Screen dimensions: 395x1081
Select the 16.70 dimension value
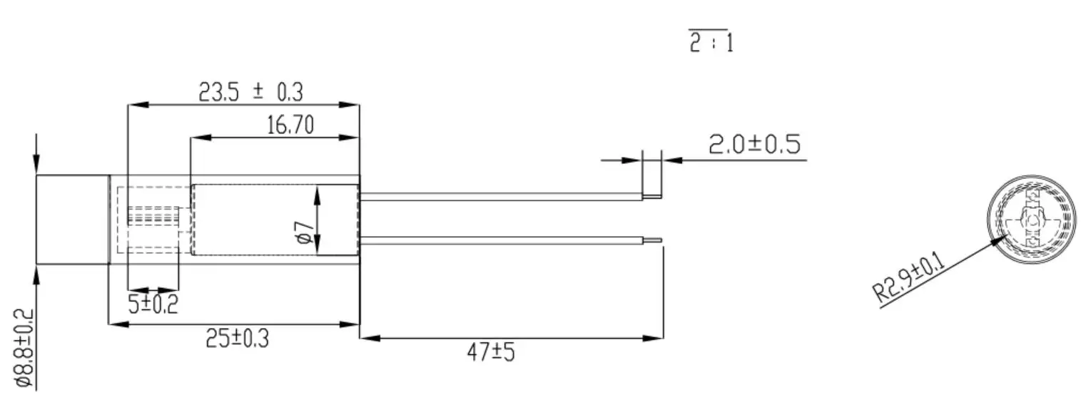(289, 126)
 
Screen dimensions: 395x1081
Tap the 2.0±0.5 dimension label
(754, 145)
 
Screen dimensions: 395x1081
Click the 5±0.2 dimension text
(153, 305)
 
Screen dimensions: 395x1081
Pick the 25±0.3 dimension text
(238, 340)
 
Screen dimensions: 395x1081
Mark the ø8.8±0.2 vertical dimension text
(24, 348)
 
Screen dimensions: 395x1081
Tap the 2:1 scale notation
(711, 44)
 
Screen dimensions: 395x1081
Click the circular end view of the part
(1030, 220)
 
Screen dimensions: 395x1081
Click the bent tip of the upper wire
(652, 195)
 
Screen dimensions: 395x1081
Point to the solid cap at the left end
(72, 220)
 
